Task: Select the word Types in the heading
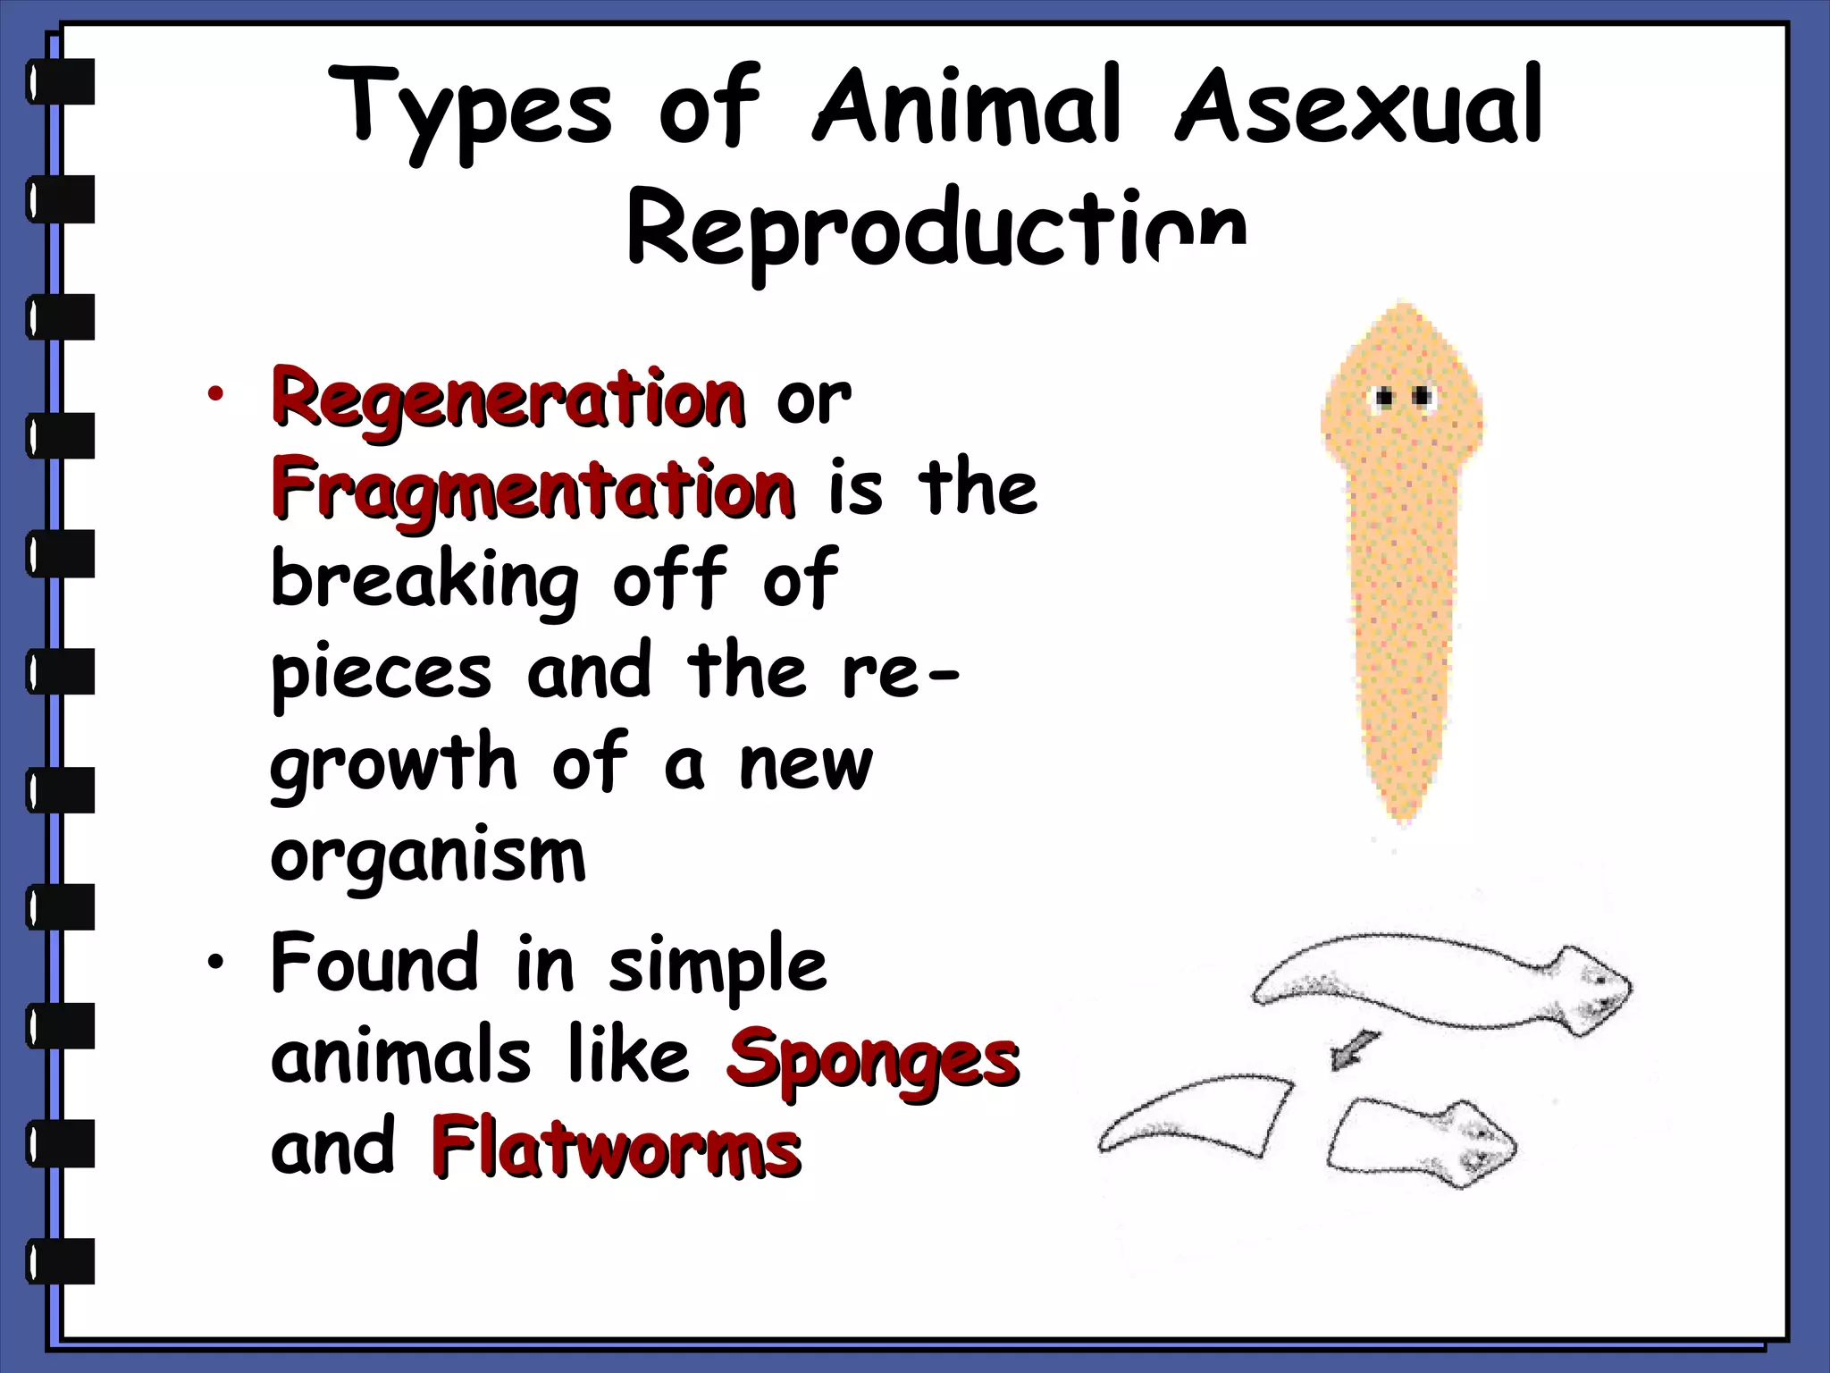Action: point(471,112)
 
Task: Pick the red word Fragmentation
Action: point(533,490)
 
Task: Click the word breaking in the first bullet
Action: point(425,583)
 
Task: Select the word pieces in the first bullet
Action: point(382,675)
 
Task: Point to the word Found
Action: point(374,964)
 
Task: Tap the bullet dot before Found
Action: point(214,963)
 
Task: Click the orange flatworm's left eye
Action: point(1385,397)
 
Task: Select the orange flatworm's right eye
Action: point(1423,396)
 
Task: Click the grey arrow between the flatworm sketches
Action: point(1353,1049)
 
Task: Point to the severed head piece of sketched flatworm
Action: point(1421,1145)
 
